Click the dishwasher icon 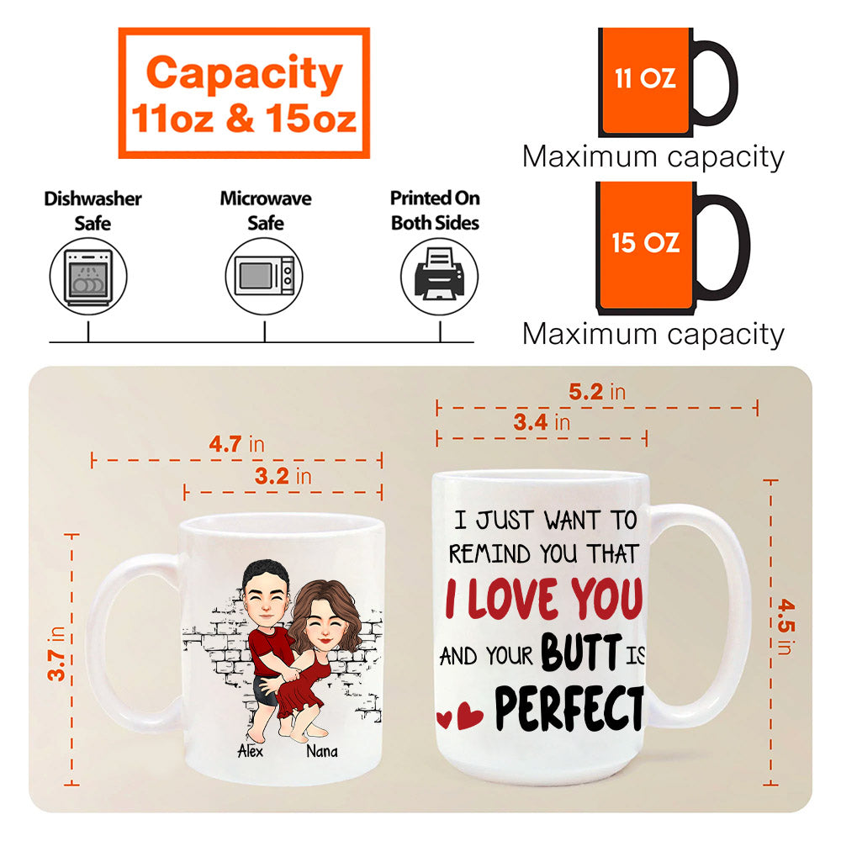point(88,277)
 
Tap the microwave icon point(264,276)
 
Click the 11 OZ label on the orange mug point(645,78)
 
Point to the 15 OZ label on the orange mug point(646,242)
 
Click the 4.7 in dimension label point(236,444)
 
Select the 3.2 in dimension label point(283,476)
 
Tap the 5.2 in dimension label point(597,392)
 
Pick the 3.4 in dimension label point(542,423)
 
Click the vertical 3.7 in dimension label point(56,653)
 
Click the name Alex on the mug point(250,751)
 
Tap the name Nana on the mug point(322,751)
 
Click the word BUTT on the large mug point(581,653)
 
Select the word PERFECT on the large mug point(569,708)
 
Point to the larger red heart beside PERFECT point(470,716)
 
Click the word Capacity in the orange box point(244,74)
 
